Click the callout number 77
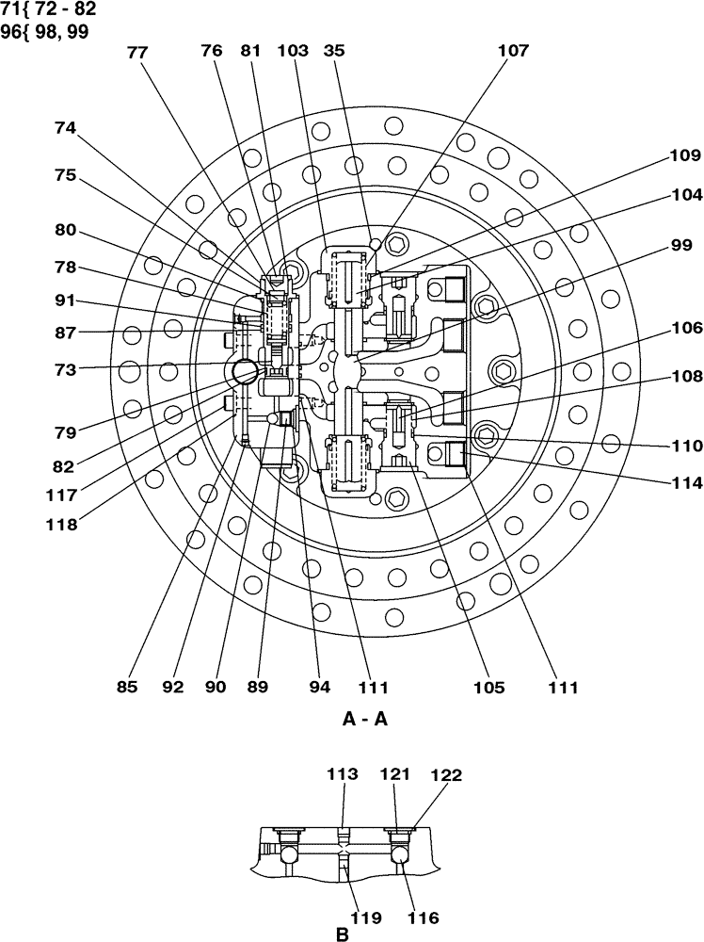pyautogui.click(x=137, y=54)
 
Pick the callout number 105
pyautogui.click(x=490, y=687)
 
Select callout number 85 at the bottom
pyautogui.click(x=127, y=687)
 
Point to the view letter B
pyautogui.click(x=343, y=935)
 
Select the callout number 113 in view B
pyautogui.click(x=343, y=774)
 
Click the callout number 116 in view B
pyautogui.click(x=424, y=916)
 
